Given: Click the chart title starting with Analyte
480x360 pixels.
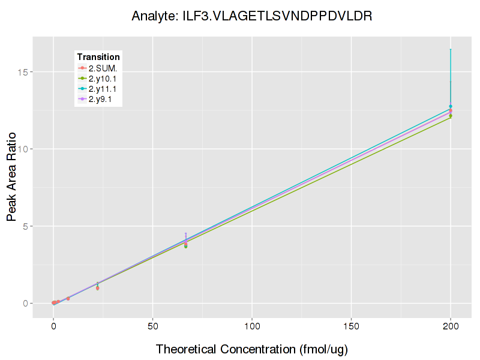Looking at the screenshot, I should (x=252, y=16).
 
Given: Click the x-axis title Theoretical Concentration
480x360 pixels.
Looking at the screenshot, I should (x=252, y=349).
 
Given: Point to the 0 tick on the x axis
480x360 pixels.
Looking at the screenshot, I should (x=53, y=326).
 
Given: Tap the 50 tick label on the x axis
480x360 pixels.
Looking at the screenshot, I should (x=153, y=326).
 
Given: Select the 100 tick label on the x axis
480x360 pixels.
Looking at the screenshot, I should (x=252, y=326).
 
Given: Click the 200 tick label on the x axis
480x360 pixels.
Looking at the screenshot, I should (x=451, y=326).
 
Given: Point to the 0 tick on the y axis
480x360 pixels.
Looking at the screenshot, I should (x=43, y=304).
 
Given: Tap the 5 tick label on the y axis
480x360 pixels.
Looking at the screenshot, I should (x=43, y=226).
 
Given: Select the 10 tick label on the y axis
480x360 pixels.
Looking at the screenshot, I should (x=40, y=149).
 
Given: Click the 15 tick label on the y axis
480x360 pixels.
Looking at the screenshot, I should (x=40, y=72).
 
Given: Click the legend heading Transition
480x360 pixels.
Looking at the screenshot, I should (x=98, y=57).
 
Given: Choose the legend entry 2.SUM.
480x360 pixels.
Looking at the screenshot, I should (x=103, y=68).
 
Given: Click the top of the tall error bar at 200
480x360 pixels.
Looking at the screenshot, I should (x=451, y=49).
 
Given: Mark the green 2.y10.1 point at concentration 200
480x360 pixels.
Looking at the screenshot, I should (x=451, y=116).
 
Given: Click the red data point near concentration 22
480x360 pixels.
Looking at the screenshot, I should (x=97, y=289).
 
